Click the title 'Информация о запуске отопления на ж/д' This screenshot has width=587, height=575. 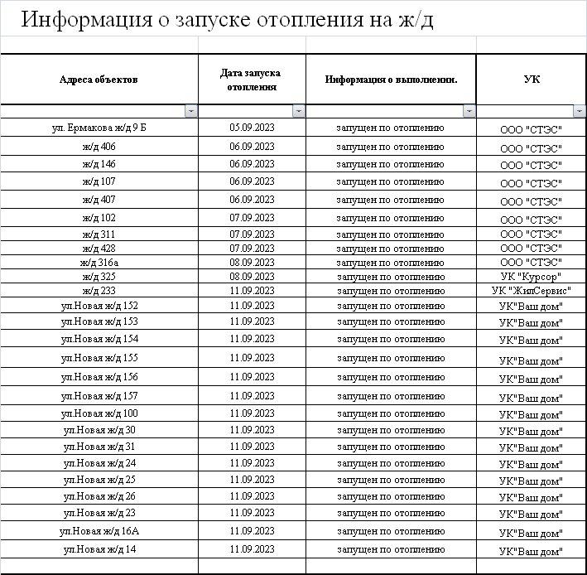point(227,20)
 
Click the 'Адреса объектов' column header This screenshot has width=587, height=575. point(99,80)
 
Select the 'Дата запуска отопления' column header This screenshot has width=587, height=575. point(252,80)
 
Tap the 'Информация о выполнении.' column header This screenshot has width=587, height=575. point(391,80)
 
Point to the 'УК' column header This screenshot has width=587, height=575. point(532,80)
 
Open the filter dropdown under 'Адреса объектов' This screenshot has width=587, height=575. point(191,111)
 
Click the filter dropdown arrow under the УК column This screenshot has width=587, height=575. point(580,111)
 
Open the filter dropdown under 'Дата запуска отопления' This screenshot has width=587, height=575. point(299,111)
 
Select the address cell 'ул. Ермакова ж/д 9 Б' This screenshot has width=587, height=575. point(99,128)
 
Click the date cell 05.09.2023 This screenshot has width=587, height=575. point(252,128)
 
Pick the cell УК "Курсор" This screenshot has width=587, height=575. point(532,277)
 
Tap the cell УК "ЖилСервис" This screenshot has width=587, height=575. point(532,291)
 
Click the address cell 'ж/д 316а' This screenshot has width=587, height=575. point(99,263)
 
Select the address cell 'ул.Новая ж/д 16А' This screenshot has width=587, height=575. point(99,531)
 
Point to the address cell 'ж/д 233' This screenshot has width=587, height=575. point(99,291)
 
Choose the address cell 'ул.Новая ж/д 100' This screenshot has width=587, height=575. point(99,413)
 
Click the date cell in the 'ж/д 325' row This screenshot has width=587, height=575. point(252,277)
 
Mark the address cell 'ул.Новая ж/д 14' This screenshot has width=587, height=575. point(99,549)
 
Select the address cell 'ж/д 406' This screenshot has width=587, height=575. point(99,147)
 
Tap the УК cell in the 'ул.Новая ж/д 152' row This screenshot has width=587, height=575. point(532,307)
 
